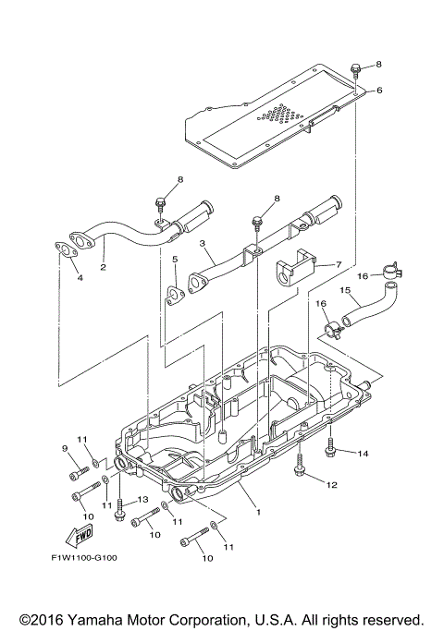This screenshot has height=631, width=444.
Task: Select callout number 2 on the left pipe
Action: pos(104,267)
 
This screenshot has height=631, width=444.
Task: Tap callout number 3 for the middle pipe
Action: pos(201,245)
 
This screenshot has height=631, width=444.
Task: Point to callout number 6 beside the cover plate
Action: pos(378,91)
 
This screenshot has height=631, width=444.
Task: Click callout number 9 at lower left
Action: pos(65,449)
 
